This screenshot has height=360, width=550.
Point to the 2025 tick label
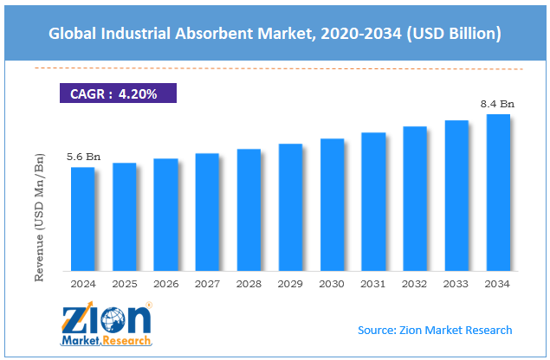coord(125,283)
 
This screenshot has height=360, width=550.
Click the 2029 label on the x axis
coord(291,283)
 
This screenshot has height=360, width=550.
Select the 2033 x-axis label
coord(456,283)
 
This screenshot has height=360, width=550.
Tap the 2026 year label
coord(166,283)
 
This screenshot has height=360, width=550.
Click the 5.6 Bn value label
coord(83,157)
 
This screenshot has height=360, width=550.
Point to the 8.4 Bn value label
coord(498,104)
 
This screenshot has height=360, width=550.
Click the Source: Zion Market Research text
coord(435,330)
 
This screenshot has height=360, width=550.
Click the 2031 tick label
coord(373,283)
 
